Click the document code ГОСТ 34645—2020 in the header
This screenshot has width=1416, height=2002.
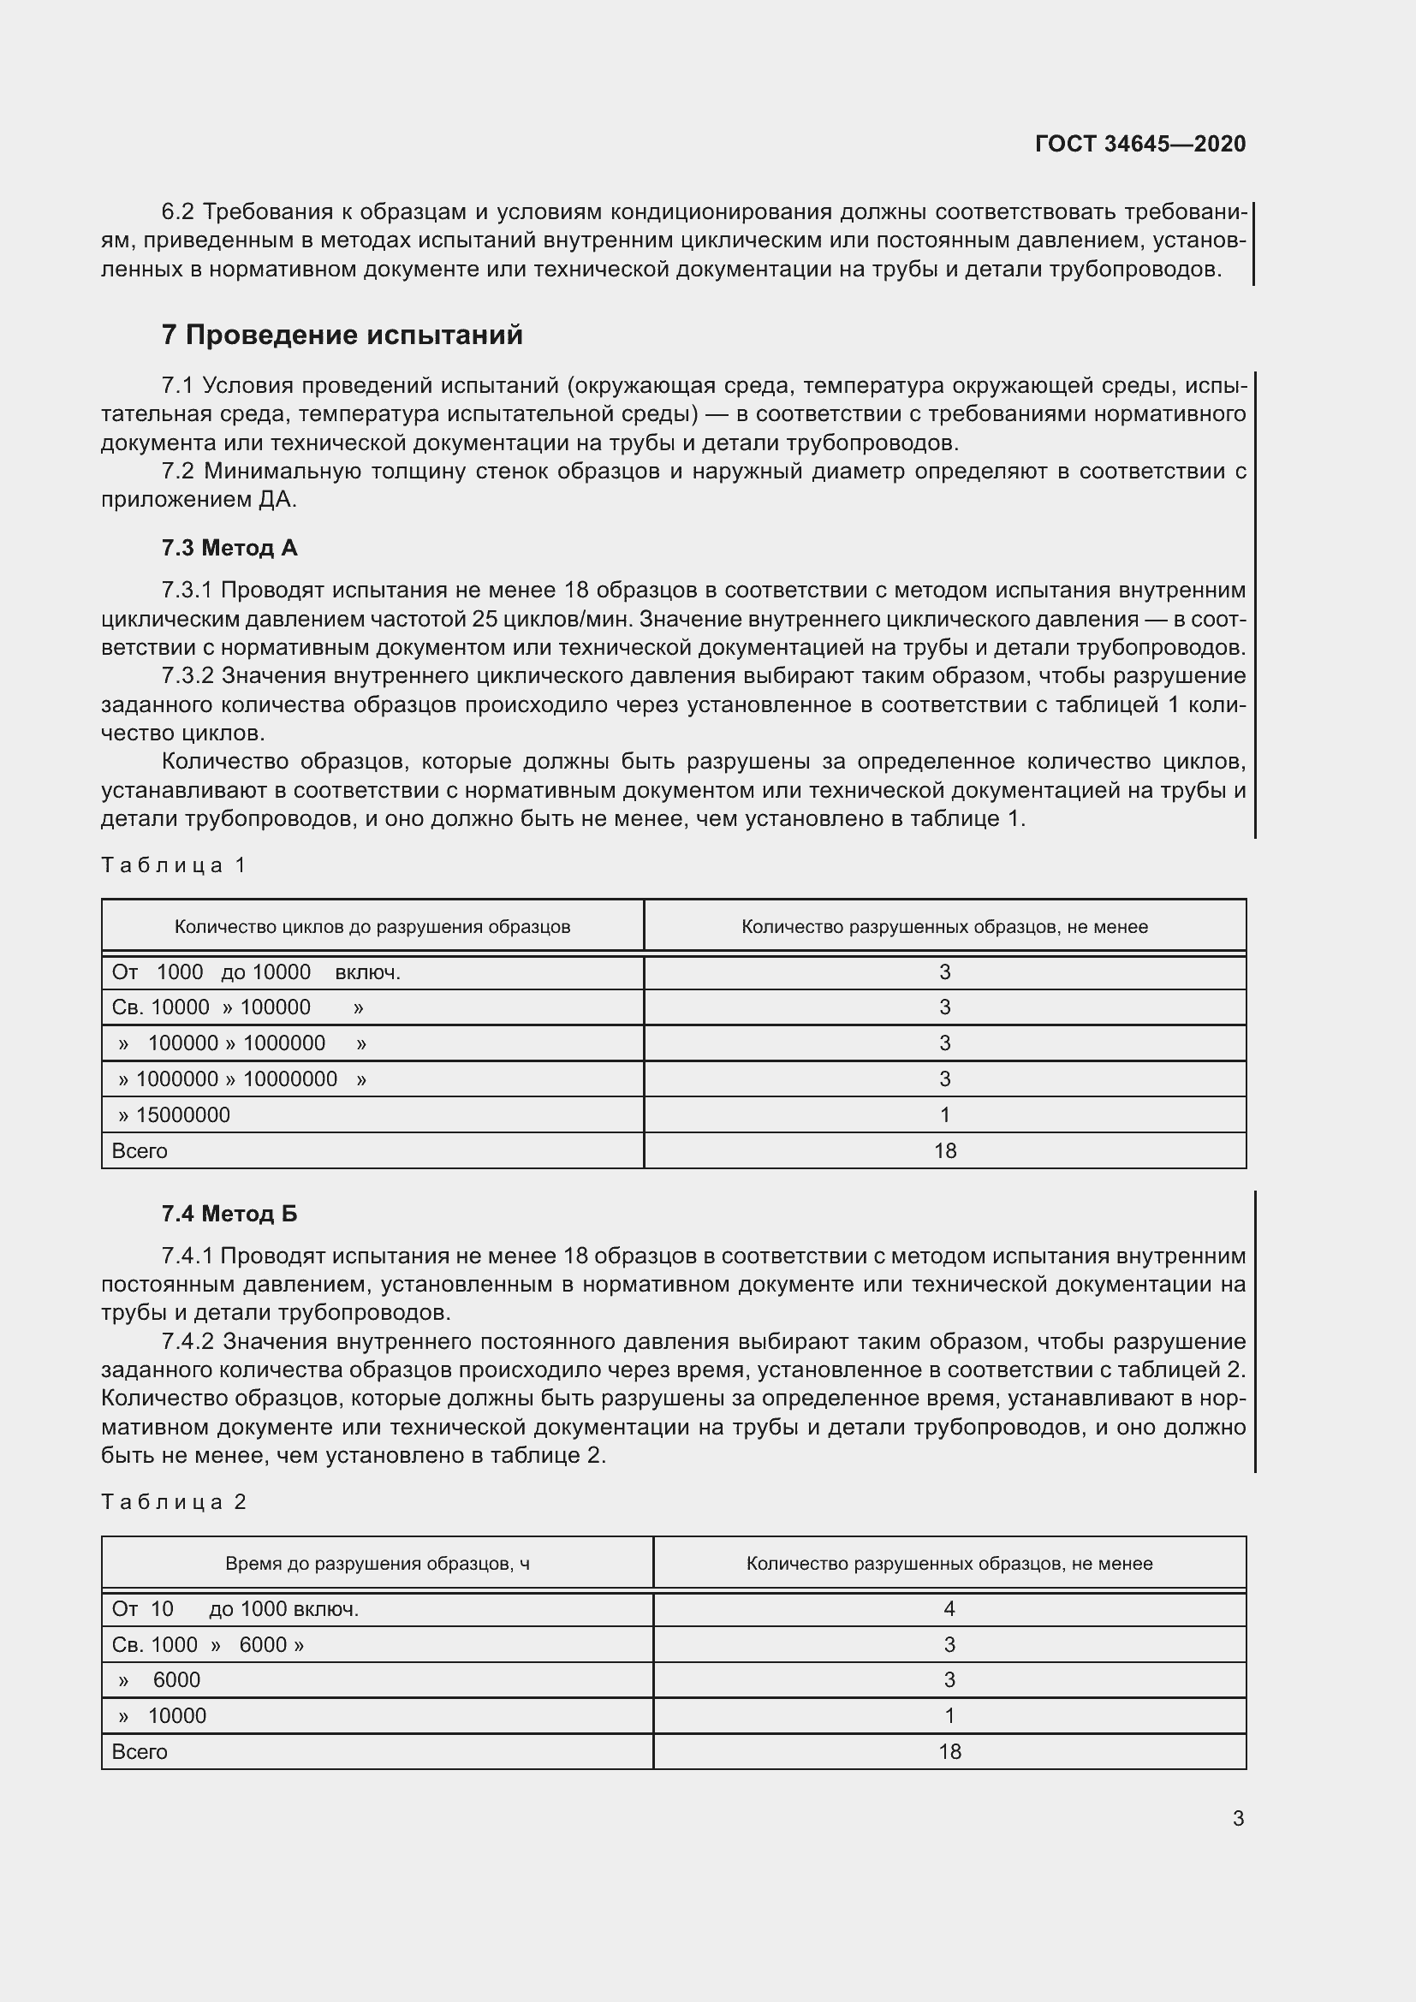pos(1139,144)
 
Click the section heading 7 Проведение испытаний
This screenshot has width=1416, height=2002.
pos(342,335)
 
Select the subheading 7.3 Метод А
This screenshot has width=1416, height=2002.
pos(229,548)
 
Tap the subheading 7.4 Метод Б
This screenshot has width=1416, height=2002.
pos(229,1214)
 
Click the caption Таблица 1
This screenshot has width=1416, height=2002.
pos(175,865)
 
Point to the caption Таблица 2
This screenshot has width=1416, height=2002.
pos(175,1501)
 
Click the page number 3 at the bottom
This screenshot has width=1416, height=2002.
pos(1237,1818)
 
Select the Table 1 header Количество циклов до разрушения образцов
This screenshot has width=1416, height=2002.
pos(372,927)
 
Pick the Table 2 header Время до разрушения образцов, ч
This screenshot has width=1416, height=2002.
pos(377,1564)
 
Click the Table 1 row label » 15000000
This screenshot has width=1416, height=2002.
pos(175,1115)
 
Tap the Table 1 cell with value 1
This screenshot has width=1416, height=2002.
pos(944,1115)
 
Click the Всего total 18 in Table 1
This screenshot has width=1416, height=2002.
pos(944,1151)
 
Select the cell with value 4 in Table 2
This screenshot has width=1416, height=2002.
pos(949,1609)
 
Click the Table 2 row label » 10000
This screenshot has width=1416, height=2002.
pos(163,1716)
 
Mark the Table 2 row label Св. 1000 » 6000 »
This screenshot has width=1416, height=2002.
pos(207,1644)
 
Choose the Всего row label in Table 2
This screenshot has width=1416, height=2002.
pos(140,1752)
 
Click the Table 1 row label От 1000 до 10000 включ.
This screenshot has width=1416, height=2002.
pos(255,972)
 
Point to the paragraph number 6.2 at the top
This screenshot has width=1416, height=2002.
pos(178,212)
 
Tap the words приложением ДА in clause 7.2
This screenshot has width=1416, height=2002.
pos(198,501)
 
